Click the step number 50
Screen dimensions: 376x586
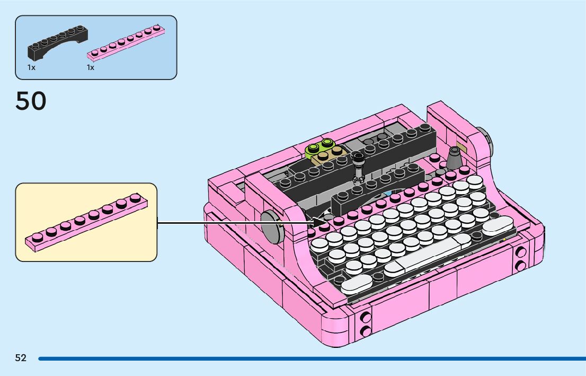31,101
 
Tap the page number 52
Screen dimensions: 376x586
21,358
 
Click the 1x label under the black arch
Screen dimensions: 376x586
31,68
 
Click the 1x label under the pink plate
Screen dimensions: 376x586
91,68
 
